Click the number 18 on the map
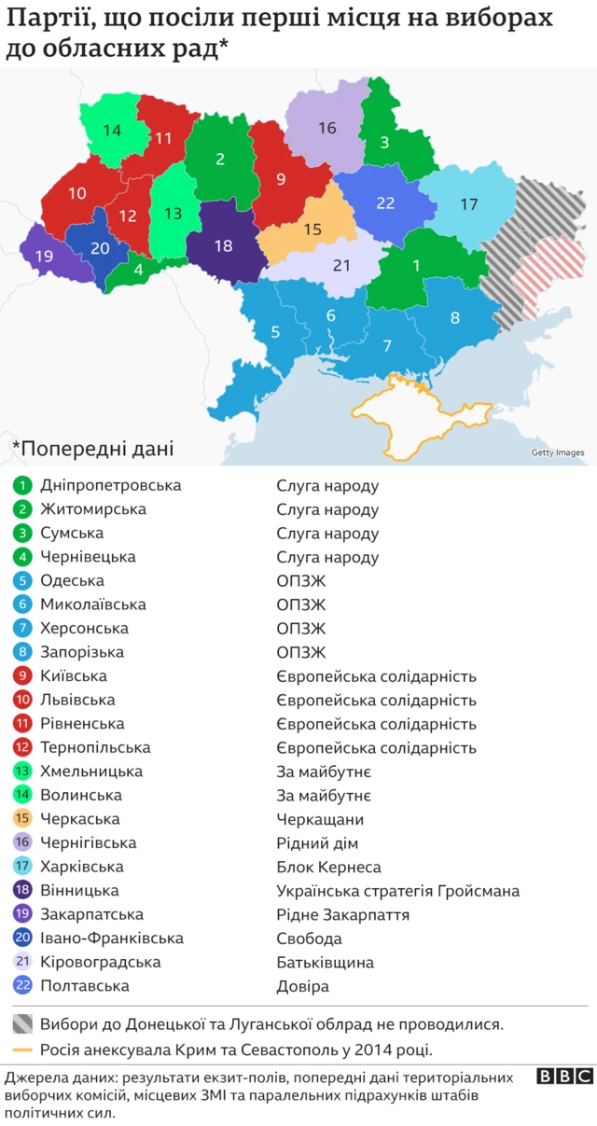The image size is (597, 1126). (223, 246)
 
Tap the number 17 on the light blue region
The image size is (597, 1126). (468, 204)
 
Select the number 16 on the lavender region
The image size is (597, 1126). (326, 129)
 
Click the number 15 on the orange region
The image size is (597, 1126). (312, 229)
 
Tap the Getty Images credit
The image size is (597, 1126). (557, 453)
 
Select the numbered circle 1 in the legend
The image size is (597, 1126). (22, 486)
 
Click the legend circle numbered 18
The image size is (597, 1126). (22, 891)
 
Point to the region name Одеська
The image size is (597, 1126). (72, 581)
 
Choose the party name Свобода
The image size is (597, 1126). (309, 938)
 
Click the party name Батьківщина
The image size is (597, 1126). (325, 963)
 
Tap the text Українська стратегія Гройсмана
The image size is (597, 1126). (397, 891)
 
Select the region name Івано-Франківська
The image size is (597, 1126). (111, 938)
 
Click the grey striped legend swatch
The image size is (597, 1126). (23, 1023)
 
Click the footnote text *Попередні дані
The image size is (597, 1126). (92, 448)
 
